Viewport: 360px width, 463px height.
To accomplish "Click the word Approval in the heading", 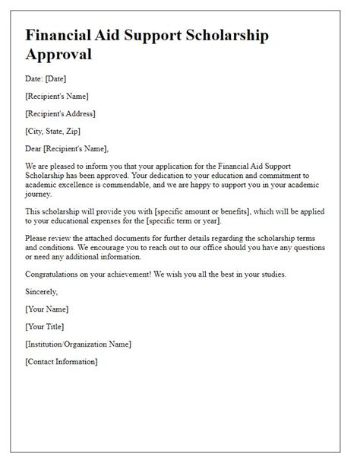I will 59,55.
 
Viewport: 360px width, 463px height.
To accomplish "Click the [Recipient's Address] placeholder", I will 60,113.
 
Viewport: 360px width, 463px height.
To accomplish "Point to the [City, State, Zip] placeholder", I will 54,131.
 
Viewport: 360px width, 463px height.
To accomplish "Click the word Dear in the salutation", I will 35,148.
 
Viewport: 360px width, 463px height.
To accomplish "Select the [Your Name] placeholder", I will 46,309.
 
